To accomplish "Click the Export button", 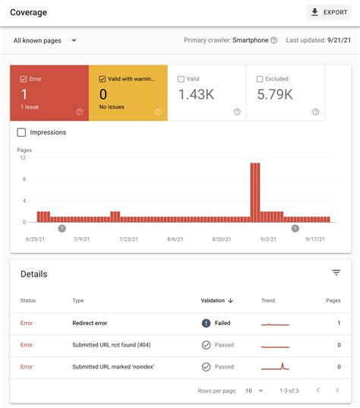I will tap(329, 12).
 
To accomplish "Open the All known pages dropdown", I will tap(46, 40).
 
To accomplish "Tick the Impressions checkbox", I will tap(22, 132).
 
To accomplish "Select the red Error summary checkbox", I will tap(24, 78).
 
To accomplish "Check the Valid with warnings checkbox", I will tap(103, 78).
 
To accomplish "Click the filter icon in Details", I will tap(336, 273).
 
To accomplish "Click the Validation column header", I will tap(216, 301).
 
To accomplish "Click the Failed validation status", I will tap(222, 323).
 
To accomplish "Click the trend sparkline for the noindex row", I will tap(276, 366).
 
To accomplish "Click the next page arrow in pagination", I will tap(338, 391).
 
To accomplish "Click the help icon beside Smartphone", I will tap(274, 40).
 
